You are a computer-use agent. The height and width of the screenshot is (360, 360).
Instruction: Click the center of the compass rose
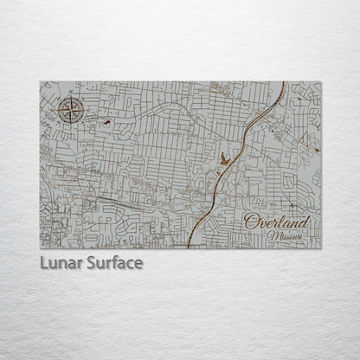click(70, 110)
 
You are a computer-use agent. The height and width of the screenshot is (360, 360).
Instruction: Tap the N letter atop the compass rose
click(70, 97)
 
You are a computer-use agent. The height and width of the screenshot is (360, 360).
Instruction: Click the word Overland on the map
click(276, 222)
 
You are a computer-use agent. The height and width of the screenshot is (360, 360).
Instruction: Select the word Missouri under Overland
click(285, 235)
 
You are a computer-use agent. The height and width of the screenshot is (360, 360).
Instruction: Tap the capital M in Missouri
click(271, 235)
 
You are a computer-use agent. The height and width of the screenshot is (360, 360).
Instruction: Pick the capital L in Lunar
click(43, 262)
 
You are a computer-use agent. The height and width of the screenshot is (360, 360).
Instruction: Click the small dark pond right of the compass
click(106, 123)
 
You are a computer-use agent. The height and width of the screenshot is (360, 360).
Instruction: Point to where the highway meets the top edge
click(285, 83)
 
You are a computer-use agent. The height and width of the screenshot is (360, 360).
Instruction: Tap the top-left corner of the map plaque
click(40, 82)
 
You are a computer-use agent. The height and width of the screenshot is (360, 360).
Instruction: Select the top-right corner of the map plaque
click(320, 82)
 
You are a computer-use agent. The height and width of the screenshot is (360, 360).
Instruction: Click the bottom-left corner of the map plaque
click(40, 248)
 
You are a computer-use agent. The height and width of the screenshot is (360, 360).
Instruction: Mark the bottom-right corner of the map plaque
click(320, 248)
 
